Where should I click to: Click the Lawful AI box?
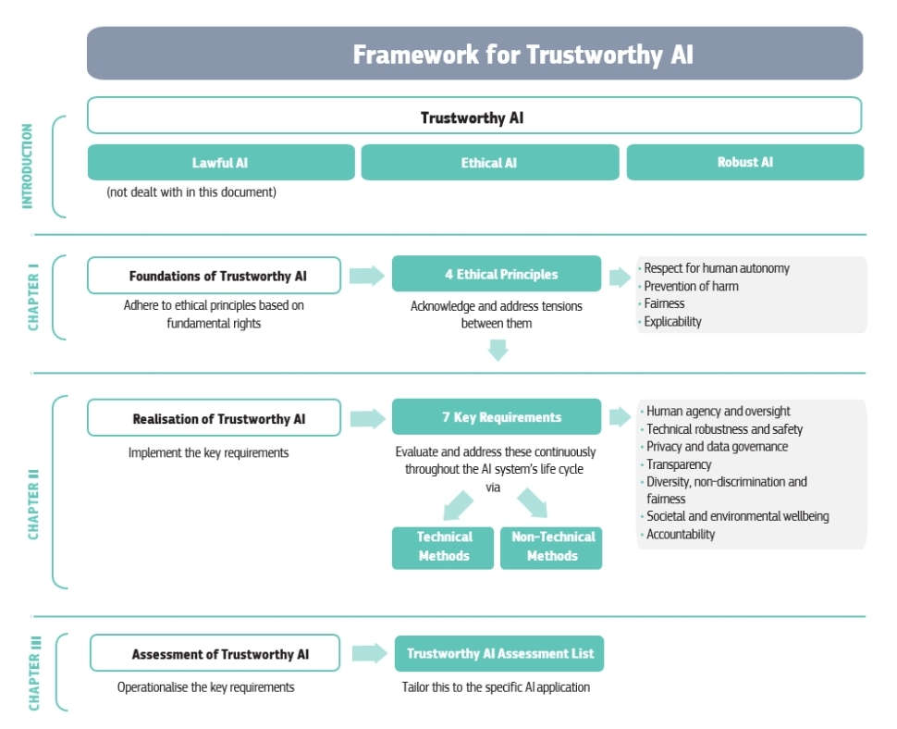[x=221, y=163]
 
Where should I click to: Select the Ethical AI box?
[x=490, y=163]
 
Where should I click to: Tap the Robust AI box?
[x=744, y=163]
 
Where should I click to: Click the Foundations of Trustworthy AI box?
[x=214, y=276]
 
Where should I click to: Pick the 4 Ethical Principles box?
[x=497, y=274]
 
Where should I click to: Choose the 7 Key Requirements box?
[x=497, y=416]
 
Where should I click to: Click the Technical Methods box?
[x=443, y=548]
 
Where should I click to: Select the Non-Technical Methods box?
[x=551, y=548]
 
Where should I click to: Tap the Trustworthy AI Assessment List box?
[x=499, y=653]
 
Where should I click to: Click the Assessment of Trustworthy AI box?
[x=215, y=653]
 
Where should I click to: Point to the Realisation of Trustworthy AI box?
[x=214, y=418]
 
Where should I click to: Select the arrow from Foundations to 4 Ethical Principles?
[x=367, y=276]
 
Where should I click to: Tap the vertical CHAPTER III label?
[x=35, y=673]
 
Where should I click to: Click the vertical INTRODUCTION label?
[x=27, y=166]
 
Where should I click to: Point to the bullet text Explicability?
[x=672, y=322]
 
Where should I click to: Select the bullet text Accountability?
[x=681, y=534]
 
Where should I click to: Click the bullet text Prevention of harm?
[x=691, y=286]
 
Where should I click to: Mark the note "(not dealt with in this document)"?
[x=191, y=192]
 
